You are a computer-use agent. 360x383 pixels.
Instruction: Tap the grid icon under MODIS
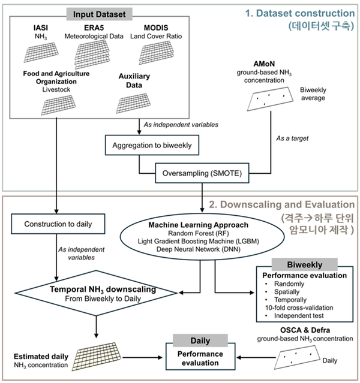pos(154,55)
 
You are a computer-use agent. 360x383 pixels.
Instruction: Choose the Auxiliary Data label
pos(134,81)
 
